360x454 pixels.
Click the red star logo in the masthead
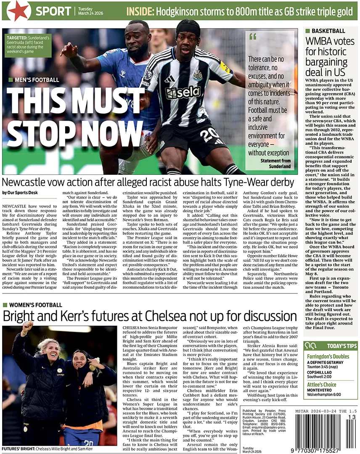(x=18, y=11)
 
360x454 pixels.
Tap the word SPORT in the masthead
(x=53, y=11)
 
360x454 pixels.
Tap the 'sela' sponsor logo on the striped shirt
(x=184, y=92)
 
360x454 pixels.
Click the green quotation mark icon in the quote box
(x=253, y=37)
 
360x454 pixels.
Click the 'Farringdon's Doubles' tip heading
(x=328, y=356)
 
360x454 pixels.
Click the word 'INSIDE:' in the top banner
(x=142, y=11)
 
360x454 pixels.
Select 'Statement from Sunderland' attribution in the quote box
(x=275, y=163)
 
